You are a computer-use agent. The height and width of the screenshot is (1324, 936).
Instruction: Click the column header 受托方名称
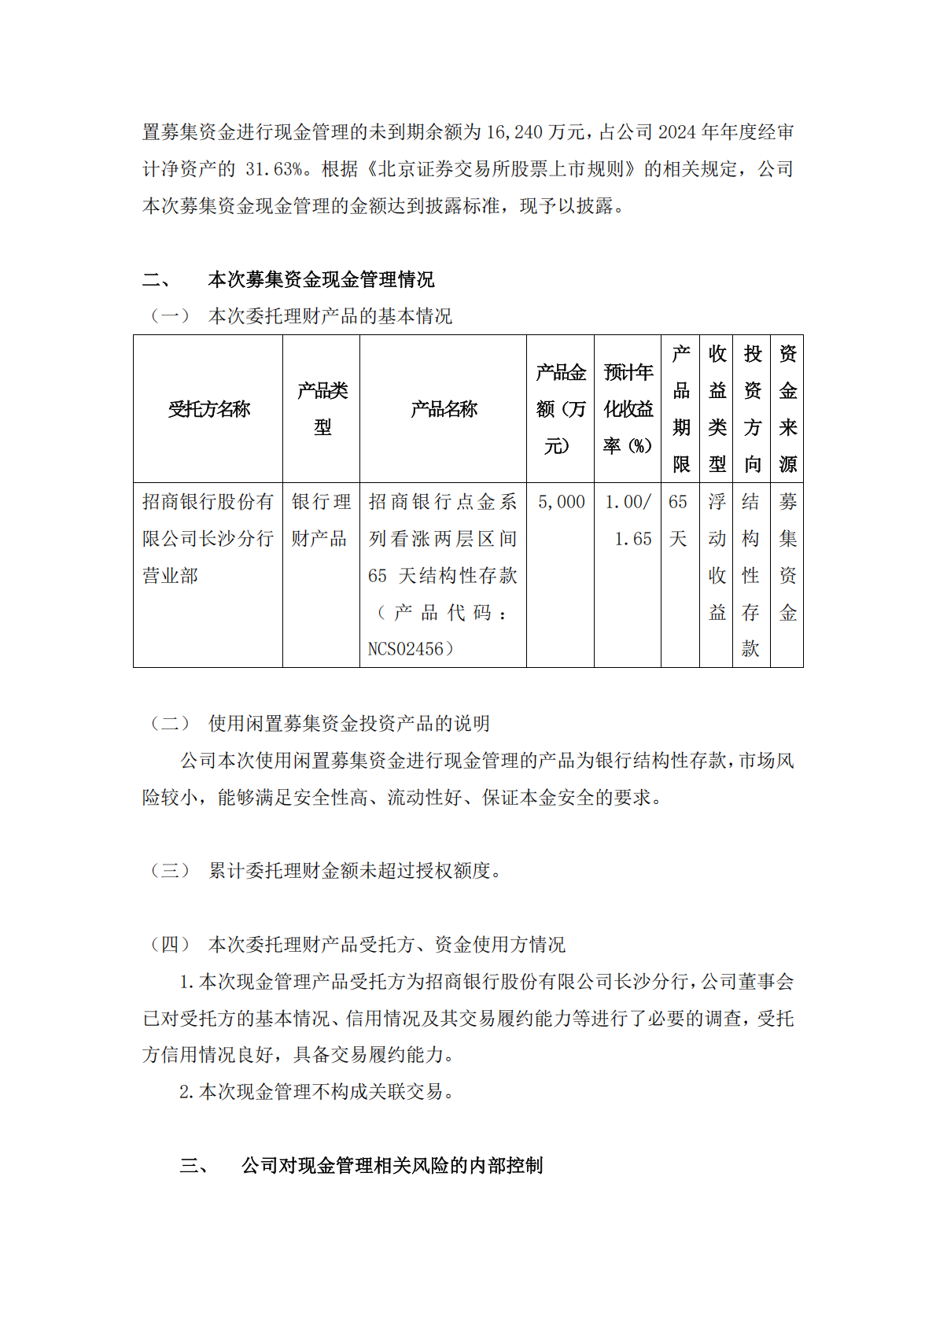[x=208, y=409]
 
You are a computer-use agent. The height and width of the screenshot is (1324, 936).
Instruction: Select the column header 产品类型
[x=322, y=409]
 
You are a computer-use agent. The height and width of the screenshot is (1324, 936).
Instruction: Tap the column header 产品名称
[x=444, y=409]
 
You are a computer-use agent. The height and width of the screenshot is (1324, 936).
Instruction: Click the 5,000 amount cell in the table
[x=561, y=502]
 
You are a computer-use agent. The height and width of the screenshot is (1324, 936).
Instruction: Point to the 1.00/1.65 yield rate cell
[x=628, y=520]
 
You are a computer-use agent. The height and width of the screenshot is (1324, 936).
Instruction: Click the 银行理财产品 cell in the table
[x=321, y=520]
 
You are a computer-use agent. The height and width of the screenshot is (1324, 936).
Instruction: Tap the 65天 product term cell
[x=678, y=520]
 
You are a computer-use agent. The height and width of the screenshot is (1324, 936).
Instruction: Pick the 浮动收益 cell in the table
[x=717, y=557]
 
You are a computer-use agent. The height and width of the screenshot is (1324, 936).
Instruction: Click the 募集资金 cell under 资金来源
[x=787, y=557]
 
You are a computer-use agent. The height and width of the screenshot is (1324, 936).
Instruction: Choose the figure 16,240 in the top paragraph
[x=514, y=132]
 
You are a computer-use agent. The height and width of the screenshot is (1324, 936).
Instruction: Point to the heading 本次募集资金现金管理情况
[x=321, y=279]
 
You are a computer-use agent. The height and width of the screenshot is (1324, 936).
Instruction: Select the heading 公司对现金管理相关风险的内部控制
[x=392, y=1165]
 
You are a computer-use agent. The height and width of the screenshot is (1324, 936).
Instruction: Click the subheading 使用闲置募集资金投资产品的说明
[x=349, y=723]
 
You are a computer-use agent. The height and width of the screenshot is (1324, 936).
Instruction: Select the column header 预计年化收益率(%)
[x=628, y=409]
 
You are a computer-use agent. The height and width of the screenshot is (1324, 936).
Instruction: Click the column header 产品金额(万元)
[x=561, y=409]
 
